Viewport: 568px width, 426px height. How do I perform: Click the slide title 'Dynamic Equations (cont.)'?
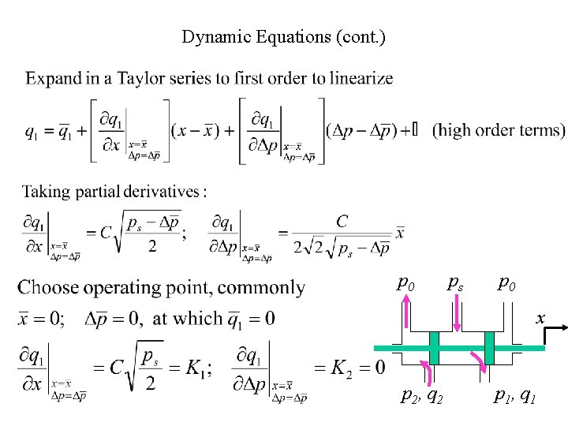[x=283, y=36]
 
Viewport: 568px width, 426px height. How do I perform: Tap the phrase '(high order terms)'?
[x=499, y=129]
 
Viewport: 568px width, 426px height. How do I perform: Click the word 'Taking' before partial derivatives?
[x=46, y=192]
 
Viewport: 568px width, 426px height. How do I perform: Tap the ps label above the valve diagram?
[x=455, y=282]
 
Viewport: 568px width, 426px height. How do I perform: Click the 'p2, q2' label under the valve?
[x=422, y=396]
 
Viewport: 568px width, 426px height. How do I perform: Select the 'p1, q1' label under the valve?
[x=515, y=396]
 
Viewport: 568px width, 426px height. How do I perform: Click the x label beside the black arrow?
[x=540, y=318]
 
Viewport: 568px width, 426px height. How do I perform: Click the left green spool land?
[x=434, y=347]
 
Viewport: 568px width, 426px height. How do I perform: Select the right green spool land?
[x=489, y=347]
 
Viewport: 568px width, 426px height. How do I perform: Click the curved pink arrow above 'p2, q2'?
[x=426, y=372]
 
